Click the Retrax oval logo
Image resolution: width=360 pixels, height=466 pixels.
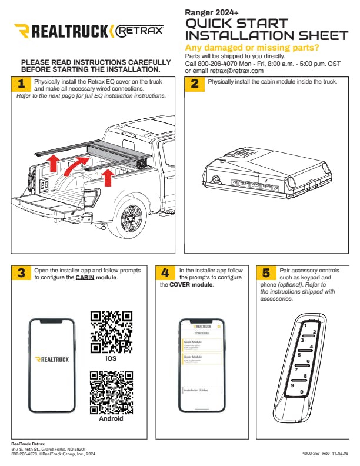pyautogui.click(x=138, y=31)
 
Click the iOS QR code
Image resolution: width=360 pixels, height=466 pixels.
pyautogui.click(x=111, y=332)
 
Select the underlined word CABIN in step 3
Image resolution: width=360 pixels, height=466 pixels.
pyautogui.click(x=87, y=277)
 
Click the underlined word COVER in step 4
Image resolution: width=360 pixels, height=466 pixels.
pyautogui.click(x=181, y=285)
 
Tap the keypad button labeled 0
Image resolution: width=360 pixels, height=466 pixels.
pyautogui.click(x=301, y=392)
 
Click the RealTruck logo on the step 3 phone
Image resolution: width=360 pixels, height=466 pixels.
pyautogui.click(x=52, y=359)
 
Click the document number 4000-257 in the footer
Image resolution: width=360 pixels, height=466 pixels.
pyautogui.click(x=312, y=454)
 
